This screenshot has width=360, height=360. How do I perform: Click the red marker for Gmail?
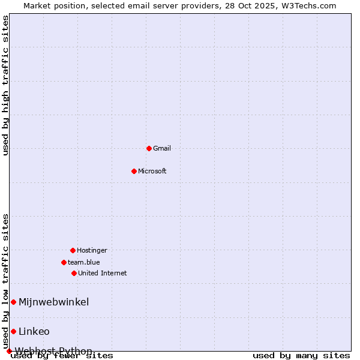pyautogui.click(x=149, y=148)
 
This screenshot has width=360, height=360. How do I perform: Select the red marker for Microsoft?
pyautogui.click(x=134, y=171)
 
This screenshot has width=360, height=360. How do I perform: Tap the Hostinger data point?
pyautogui.click(x=73, y=250)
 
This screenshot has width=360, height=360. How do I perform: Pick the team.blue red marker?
pyautogui.click(x=64, y=262)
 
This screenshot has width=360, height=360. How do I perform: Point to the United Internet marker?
pyautogui.click(x=74, y=273)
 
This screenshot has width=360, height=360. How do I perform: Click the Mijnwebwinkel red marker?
pyautogui.click(x=13, y=302)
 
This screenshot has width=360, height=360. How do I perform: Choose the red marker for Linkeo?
pyautogui.click(x=13, y=331)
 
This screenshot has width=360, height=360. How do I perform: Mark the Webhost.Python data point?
pyautogui.click(x=9, y=351)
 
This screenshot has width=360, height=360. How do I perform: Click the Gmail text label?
pyautogui.click(x=162, y=148)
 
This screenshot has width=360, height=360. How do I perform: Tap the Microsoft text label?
pyautogui.click(x=152, y=171)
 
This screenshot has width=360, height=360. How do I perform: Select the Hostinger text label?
pyautogui.click(x=92, y=250)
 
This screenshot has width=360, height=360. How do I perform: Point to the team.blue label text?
pyautogui.click(x=84, y=262)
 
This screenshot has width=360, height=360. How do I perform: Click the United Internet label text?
pyautogui.click(x=103, y=273)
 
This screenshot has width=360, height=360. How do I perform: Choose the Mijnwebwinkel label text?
pyautogui.click(x=54, y=302)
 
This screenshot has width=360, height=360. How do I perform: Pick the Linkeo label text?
pyautogui.click(x=34, y=331)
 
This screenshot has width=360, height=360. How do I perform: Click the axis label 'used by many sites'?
pyautogui.click(x=301, y=356)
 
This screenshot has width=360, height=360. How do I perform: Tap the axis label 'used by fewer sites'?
pyautogui.click(x=62, y=356)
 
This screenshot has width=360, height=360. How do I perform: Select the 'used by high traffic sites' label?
pyautogui.click(x=6, y=85)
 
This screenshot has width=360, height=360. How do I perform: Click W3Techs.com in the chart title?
pyautogui.click(x=309, y=5)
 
